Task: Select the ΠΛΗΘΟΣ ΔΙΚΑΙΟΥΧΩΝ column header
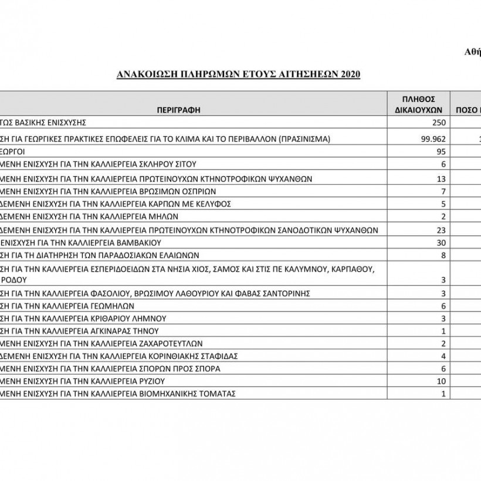tap(418, 104)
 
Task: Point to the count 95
tap(442, 151)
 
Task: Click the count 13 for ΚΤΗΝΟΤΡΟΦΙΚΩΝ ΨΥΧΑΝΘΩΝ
tap(442, 178)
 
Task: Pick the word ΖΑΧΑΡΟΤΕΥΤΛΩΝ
tap(164, 343)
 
